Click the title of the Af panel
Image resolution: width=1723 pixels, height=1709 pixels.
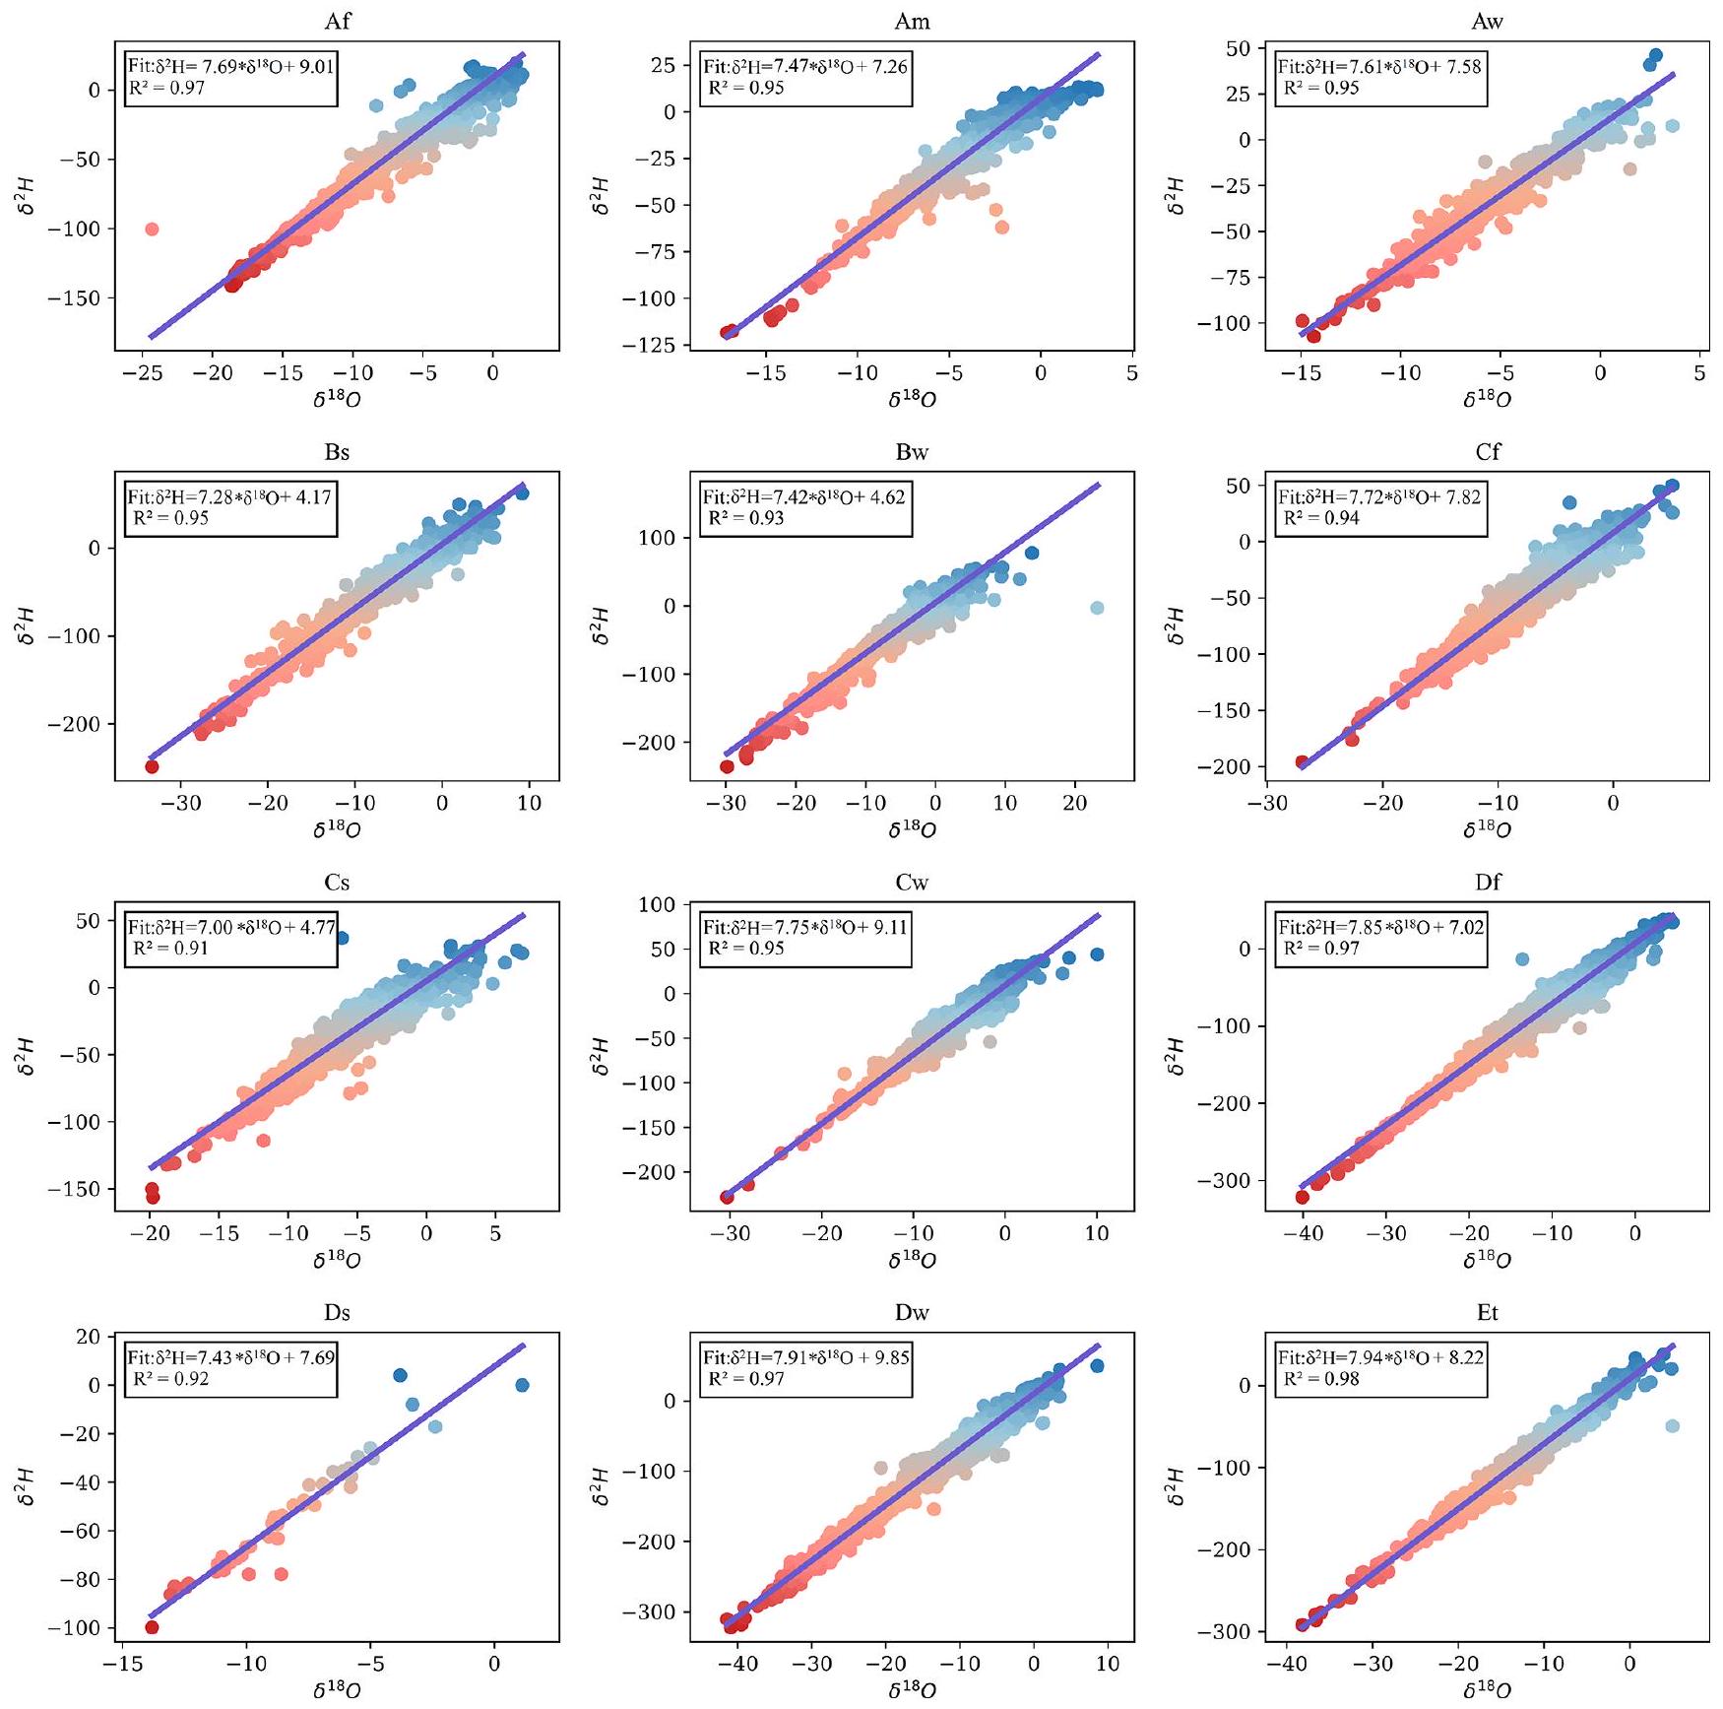[x=337, y=22]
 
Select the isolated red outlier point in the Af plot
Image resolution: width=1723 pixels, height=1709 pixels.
[x=152, y=230]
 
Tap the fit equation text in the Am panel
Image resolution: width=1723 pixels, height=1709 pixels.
[x=805, y=67]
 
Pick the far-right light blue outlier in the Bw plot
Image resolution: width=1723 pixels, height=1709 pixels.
[x=1097, y=608]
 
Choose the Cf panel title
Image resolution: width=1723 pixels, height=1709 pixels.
[x=1487, y=452]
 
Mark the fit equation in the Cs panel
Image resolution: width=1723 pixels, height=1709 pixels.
[x=231, y=927]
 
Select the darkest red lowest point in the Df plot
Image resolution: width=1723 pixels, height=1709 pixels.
[x=1302, y=1197]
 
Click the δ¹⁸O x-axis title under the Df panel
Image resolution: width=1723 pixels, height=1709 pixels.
[x=1487, y=1261]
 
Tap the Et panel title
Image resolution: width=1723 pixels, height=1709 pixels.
[x=1487, y=1313]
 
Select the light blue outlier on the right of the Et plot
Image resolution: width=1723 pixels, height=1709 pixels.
[x=1671, y=1426]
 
